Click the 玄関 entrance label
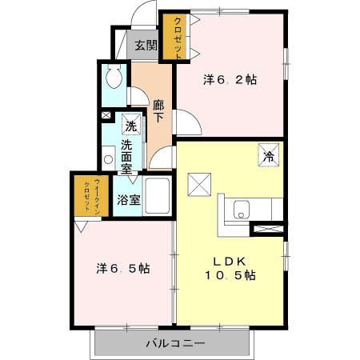146,46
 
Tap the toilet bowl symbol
114,76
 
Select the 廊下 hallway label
158,111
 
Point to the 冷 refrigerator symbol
269,155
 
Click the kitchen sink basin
242,210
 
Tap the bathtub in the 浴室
158,196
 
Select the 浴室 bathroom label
129,200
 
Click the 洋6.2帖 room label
230,79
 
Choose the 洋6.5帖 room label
123,268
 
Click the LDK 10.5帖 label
230,268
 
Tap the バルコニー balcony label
176,343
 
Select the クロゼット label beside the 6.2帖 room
178,38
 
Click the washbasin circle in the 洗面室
108,159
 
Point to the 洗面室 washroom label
126,157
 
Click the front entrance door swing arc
138,10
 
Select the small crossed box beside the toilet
106,115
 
